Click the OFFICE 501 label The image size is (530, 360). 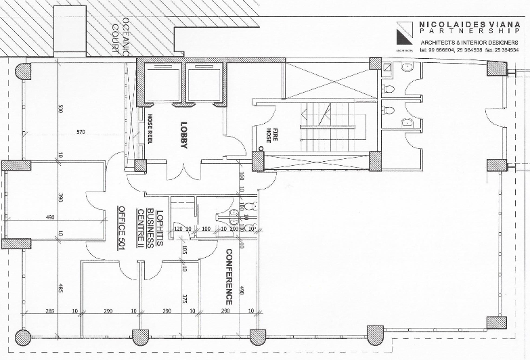click(x=123, y=228)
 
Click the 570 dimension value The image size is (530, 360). click(x=82, y=131)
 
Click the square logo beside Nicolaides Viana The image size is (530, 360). click(x=405, y=31)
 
